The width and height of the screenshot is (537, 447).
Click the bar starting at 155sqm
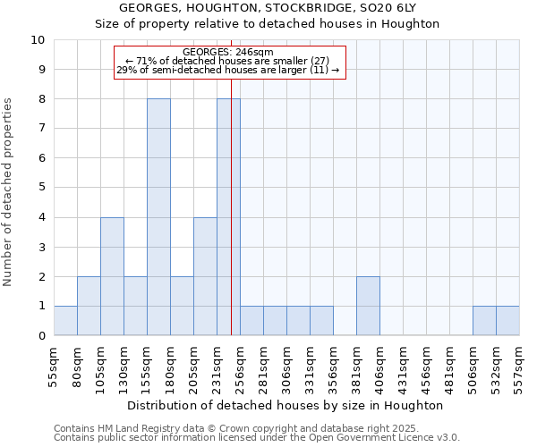[x=158, y=217]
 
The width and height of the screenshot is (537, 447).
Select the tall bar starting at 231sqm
[x=228, y=217]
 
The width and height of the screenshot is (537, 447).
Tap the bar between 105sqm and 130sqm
[x=112, y=276]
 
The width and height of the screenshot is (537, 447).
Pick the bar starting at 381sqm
[x=368, y=306]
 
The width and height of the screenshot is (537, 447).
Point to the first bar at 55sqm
[x=65, y=321]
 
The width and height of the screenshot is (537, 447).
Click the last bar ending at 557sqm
[x=507, y=321]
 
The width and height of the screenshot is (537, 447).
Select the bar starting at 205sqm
[x=205, y=276]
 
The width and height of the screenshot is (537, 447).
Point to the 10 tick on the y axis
[x=38, y=40]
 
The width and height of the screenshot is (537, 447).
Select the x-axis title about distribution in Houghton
[x=286, y=405]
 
